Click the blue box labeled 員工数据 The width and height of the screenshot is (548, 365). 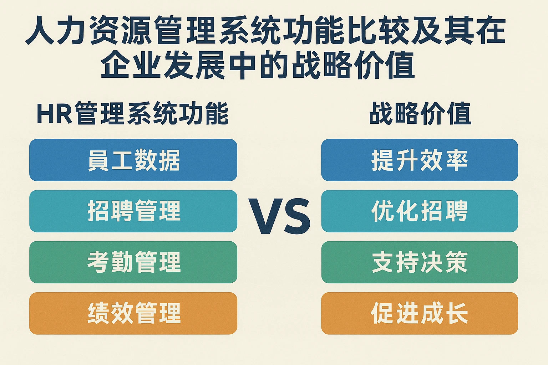click(133, 160)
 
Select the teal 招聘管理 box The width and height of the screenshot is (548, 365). click(133, 211)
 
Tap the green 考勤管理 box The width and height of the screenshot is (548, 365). click(133, 262)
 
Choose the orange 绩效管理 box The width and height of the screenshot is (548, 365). click(133, 313)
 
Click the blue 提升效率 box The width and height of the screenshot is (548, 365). click(419, 160)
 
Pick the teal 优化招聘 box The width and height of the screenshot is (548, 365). click(419, 211)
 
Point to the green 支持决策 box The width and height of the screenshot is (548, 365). click(419, 262)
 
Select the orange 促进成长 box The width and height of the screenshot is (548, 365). click(419, 313)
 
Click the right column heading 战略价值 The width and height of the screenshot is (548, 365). click(420, 114)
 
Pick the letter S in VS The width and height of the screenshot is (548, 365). click(296, 217)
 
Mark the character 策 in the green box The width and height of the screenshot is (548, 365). click(456, 262)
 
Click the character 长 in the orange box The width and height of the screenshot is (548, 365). click(456, 313)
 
